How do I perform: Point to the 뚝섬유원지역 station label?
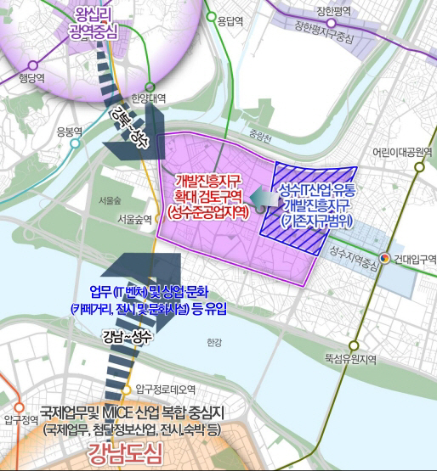351,359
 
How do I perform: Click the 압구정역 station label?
21,419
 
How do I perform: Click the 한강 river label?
213,343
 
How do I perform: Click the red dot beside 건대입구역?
384,258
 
